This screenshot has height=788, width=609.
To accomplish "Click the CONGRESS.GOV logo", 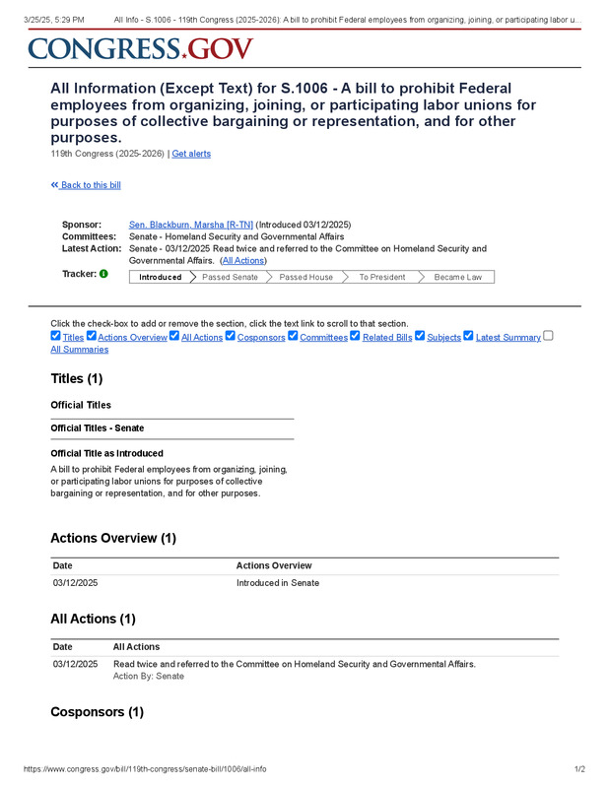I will click(x=140, y=48).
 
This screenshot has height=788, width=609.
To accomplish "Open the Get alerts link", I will click(x=191, y=154).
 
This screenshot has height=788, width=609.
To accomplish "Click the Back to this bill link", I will click(x=86, y=185).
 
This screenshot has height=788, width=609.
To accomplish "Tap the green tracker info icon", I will click(x=103, y=273).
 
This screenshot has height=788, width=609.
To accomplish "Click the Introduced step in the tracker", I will click(x=160, y=277).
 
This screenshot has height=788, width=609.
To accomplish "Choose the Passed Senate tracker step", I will click(x=230, y=277).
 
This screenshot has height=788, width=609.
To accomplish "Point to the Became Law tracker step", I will click(x=457, y=277).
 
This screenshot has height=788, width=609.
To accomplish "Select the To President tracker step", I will click(x=381, y=277).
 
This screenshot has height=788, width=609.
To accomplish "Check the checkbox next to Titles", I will click(x=55, y=336).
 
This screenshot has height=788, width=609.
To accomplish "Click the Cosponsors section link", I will click(x=261, y=338).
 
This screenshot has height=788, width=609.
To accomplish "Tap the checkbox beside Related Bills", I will click(x=355, y=336).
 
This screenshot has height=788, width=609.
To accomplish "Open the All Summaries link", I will click(x=79, y=350).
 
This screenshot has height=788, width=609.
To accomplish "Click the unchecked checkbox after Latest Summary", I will click(x=549, y=336).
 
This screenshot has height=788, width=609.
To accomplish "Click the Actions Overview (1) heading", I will click(x=113, y=539).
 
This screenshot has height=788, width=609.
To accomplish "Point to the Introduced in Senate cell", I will click(x=278, y=583).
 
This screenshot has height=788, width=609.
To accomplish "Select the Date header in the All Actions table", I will click(x=63, y=647).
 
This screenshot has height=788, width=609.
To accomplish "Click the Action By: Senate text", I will click(x=149, y=677).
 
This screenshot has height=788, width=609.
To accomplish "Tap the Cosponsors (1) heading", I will click(x=97, y=712).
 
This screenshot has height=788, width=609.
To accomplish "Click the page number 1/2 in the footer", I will click(x=579, y=769).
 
